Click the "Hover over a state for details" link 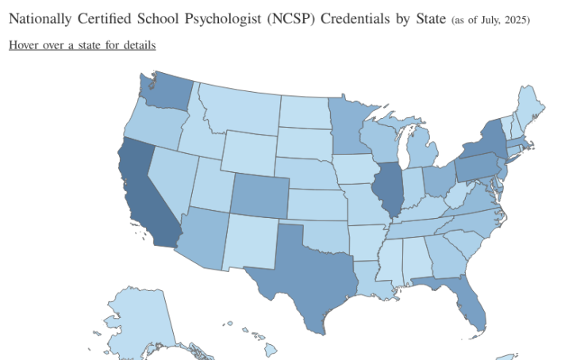tap(82, 45)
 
